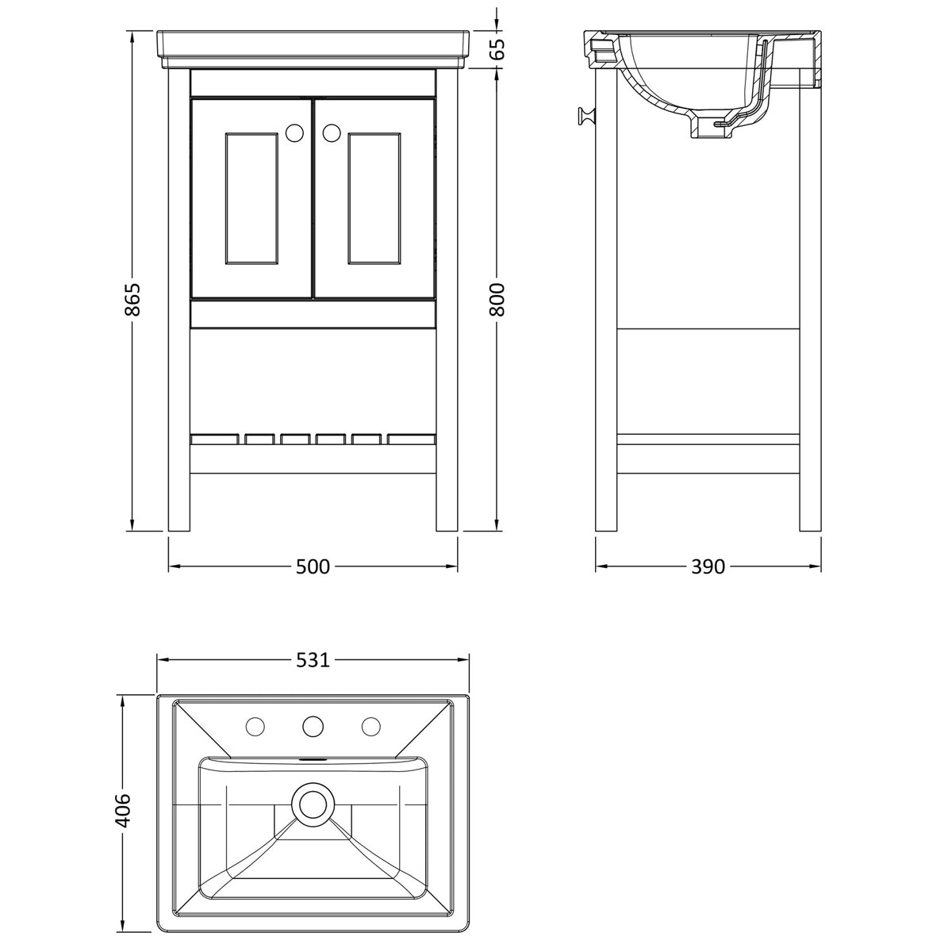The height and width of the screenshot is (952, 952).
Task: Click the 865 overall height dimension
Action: point(132,299)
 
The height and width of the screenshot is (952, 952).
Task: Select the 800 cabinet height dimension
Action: point(497,299)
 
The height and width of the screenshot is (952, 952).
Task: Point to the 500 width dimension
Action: point(313,566)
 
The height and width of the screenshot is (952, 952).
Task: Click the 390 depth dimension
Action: point(708,566)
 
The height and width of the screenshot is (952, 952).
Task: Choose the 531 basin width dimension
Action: point(313,660)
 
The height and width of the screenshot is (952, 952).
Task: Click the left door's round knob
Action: point(295,132)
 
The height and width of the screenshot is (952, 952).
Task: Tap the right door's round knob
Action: point(332,132)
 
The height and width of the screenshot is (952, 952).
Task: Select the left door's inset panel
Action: point(251,198)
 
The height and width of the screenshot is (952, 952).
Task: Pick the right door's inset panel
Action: point(374,198)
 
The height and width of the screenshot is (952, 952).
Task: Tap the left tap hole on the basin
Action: point(255,727)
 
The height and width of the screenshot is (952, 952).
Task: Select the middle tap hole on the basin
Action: point(313,727)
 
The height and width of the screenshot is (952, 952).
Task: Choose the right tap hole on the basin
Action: point(371,727)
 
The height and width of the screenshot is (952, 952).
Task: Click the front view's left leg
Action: point(179,301)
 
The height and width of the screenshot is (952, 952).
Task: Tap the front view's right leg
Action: point(447,301)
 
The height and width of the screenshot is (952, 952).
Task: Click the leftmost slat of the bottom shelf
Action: point(215,440)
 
